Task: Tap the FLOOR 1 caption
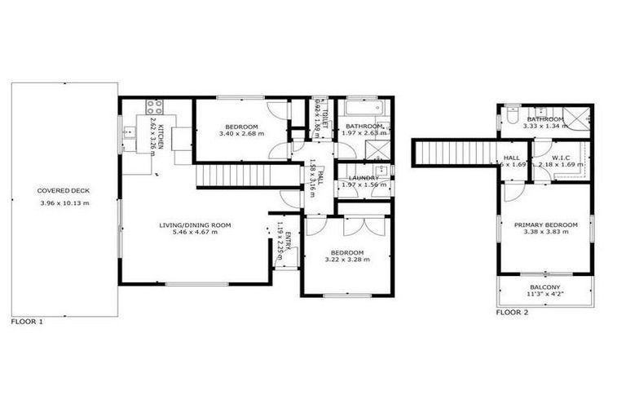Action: point(27,322)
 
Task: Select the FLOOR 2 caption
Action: point(512,312)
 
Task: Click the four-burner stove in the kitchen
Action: point(155,106)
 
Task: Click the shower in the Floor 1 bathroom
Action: point(377,150)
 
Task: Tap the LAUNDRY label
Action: point(364,178)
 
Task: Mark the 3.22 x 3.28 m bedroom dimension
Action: point(346,260)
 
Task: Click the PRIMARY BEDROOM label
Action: point(545,225)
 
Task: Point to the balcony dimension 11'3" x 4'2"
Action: point(545,296)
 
